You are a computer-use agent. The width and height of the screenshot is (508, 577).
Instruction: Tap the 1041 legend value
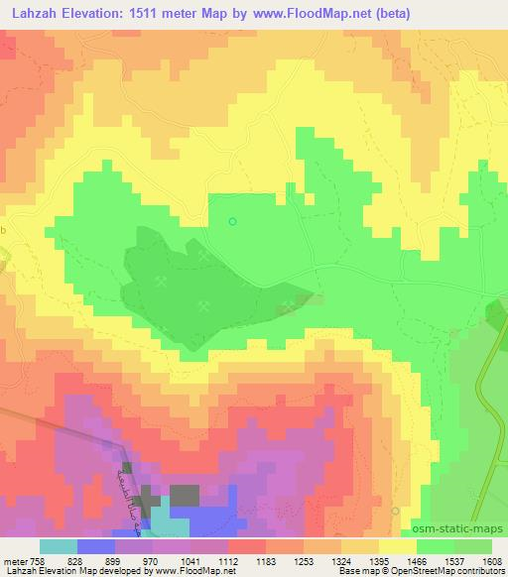click(x=196, y=560)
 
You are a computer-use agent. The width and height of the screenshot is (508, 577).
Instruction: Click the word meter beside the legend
click(x=15, y=560)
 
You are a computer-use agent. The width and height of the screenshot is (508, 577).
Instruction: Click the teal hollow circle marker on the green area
click(x=233, y=221)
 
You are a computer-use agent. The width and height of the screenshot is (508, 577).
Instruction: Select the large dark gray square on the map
click(x=184, y=494)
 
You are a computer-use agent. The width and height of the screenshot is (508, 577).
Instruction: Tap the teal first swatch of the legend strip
click(x=59, y=546)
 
